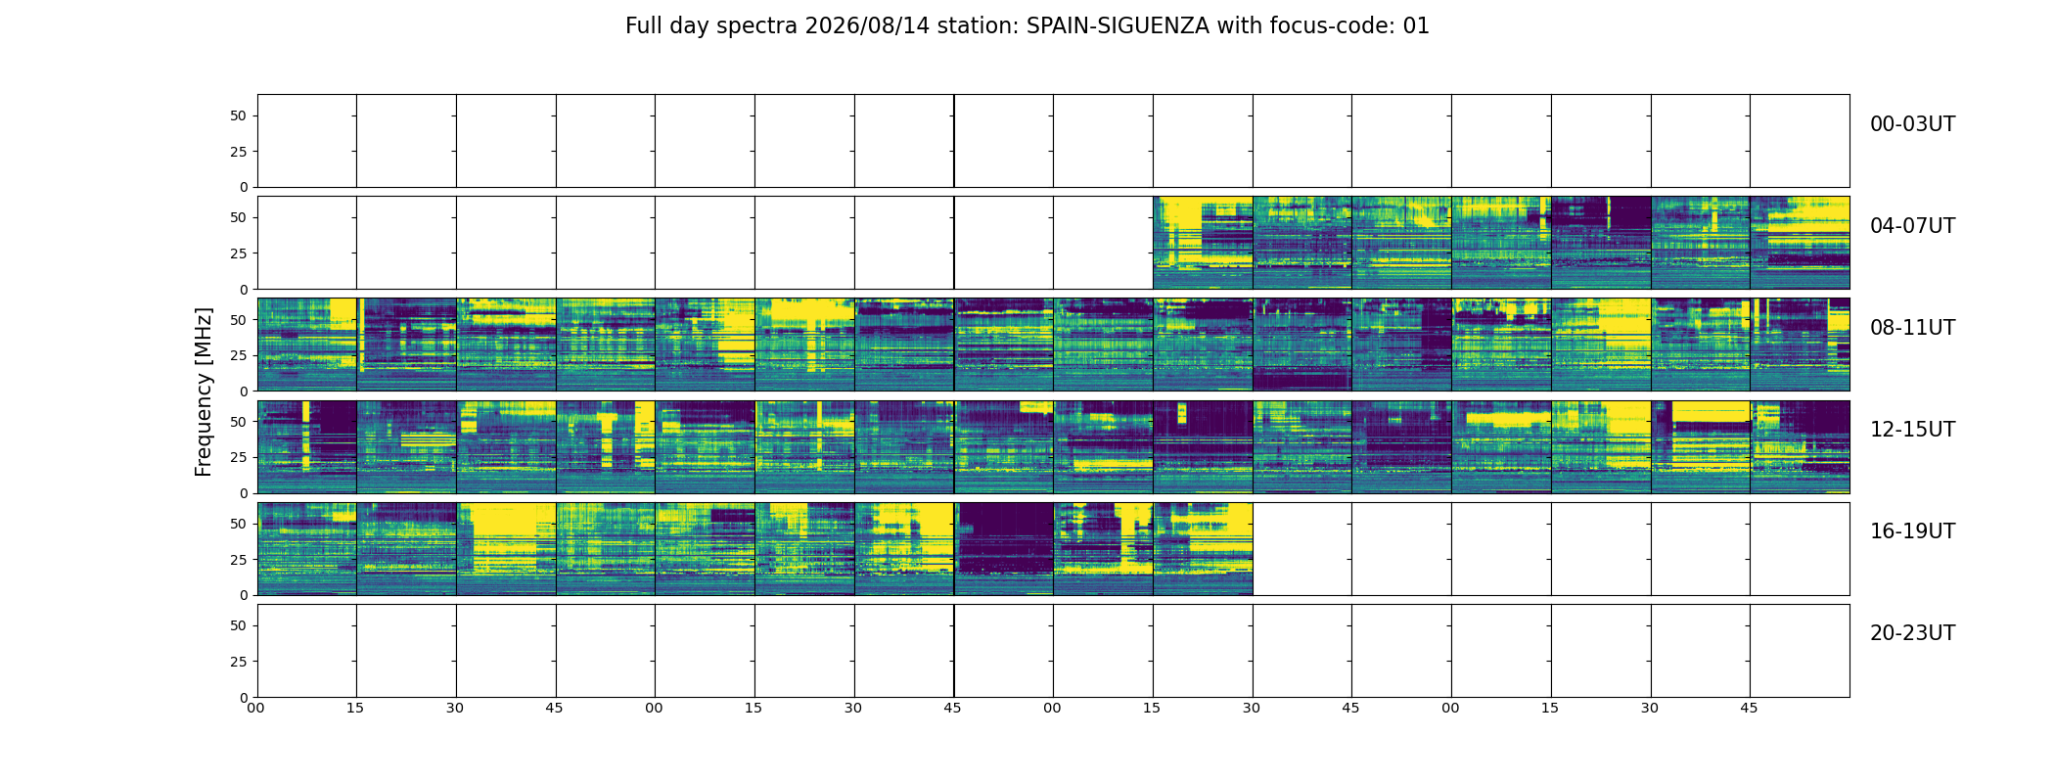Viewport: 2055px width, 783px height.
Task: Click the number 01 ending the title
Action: coord(1417,26)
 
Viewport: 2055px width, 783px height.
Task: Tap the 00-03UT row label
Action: coord(1912,124)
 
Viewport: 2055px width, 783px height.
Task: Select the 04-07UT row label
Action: coord(1912,226)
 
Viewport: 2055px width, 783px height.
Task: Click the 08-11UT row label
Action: coord(1912,328)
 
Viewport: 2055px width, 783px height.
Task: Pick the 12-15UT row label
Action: coord(1912,430)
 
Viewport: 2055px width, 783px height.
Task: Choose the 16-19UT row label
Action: coord(1912,531)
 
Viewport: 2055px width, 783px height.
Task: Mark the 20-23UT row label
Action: coord(1912,633)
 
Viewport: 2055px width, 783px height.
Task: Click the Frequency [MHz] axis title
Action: coord(204,391)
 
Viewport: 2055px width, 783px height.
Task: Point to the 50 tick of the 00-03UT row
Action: coord(238,115)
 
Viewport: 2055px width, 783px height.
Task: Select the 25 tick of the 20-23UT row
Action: coord(238,662)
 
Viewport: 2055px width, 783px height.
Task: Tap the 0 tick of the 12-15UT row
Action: coord(243,493)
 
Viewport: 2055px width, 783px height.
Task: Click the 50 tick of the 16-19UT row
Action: coord(238,524)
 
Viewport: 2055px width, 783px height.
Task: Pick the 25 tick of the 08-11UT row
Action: coord(238,355)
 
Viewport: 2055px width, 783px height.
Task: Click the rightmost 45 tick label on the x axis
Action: coord(1749,708)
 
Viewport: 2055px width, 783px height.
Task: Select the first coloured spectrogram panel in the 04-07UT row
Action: coord(1203,243)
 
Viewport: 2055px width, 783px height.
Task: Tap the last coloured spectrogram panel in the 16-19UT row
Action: coord(1203,549)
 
